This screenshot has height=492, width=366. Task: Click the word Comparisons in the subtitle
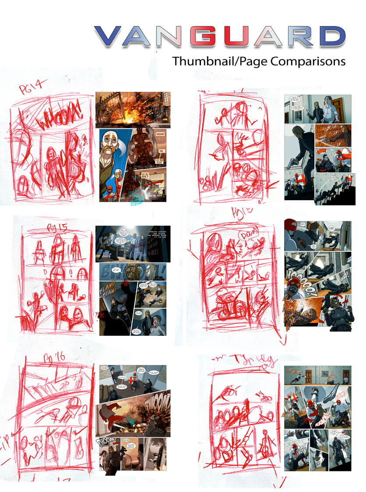point(308,61)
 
